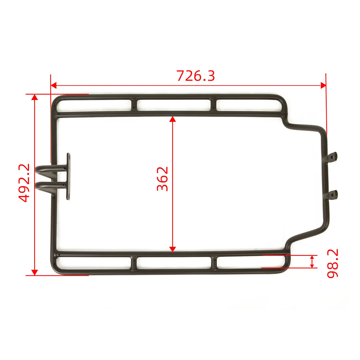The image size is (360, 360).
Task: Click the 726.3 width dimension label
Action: (x=196, y=76)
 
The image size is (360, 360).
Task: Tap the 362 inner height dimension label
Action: (x=163, y=179)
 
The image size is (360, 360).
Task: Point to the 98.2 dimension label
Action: (x=332, y=263)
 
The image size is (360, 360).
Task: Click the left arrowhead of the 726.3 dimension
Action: (x=53, y=85)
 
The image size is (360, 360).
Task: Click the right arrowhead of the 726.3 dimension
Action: (x=323, y=85)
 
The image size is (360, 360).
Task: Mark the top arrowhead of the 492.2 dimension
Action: (x=34, y=97)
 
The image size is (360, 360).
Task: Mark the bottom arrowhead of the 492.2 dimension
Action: (x=34, y=272)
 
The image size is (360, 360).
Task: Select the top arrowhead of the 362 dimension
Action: (x=172, y=119)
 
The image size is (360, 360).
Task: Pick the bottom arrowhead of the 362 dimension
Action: (x=172, y=249)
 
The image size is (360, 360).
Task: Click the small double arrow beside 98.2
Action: (x=312, y=261)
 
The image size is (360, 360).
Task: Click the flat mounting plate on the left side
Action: (x=68, y=176)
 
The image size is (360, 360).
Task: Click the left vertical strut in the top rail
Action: (x=134, y=104)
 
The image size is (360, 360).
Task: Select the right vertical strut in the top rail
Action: (x=213, y=104)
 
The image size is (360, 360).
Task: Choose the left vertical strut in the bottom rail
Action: (x=134, y=263)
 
